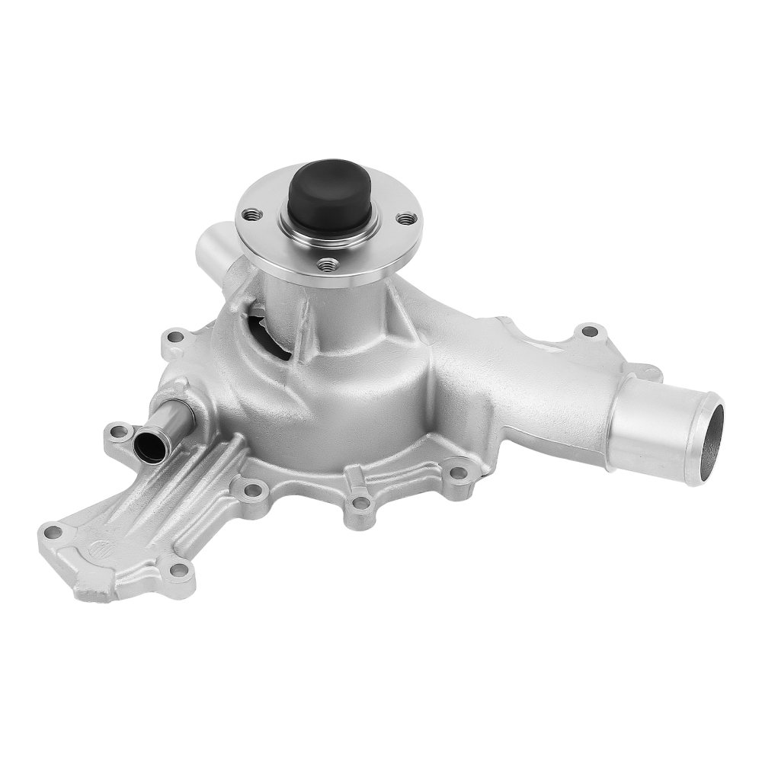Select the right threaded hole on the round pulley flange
(408, 218)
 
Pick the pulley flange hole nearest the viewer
(328, 264)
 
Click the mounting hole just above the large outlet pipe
(589, 331)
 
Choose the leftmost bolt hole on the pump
(53, 531)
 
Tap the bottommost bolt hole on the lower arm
(178, 569)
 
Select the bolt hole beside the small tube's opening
(118, 432)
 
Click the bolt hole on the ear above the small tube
(175, 336)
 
